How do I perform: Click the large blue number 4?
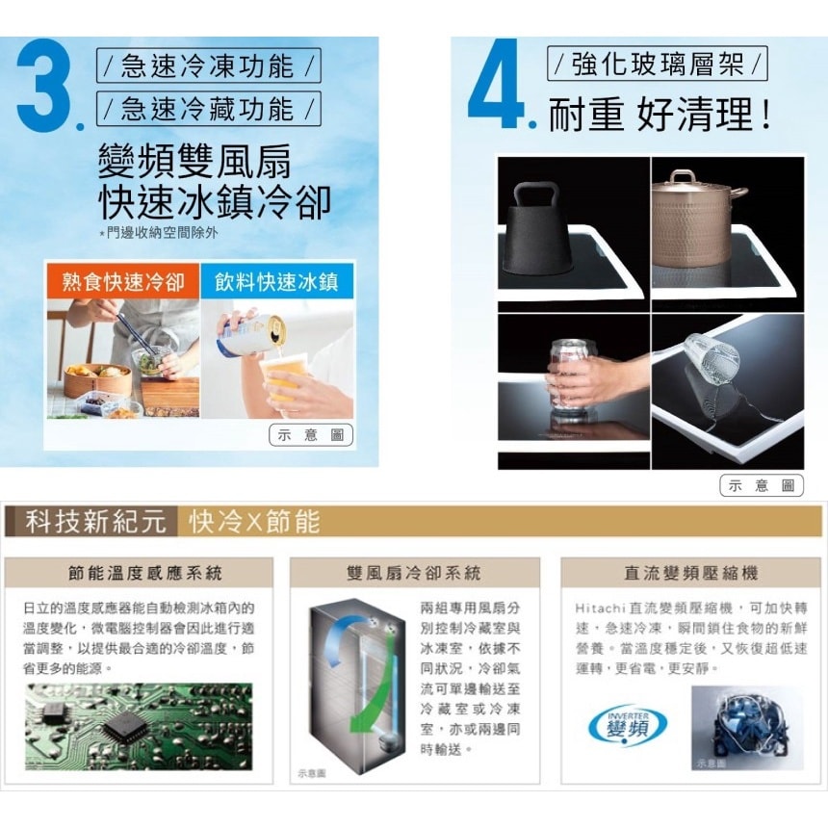495,84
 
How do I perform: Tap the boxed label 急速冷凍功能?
209,67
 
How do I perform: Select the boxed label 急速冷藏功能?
209,109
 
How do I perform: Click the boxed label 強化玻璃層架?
658,65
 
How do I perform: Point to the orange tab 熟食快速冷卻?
123,282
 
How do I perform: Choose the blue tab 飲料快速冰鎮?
277,282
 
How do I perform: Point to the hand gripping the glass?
587,378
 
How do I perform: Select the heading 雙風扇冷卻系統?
414,574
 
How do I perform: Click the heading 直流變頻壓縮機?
690,574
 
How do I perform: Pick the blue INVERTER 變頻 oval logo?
627,724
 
